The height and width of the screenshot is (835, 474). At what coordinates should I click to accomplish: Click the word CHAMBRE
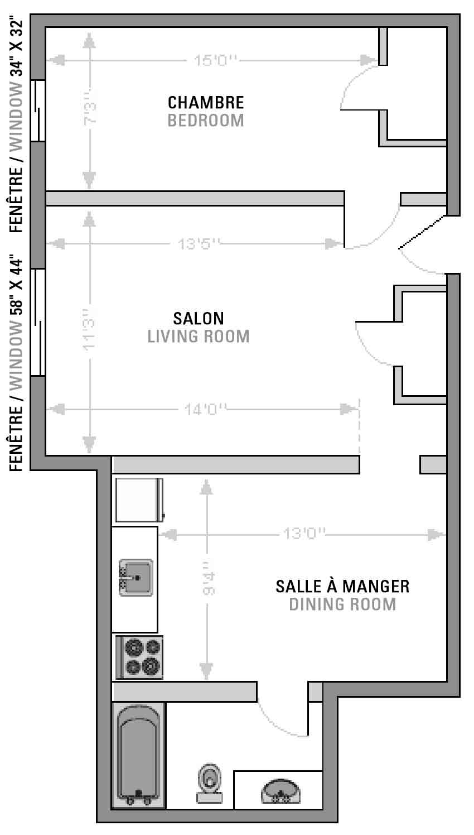206,103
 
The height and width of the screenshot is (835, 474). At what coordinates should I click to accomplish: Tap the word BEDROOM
206,121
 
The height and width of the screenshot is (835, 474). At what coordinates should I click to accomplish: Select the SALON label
199,318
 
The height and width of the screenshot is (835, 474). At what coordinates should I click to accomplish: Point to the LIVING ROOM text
199,336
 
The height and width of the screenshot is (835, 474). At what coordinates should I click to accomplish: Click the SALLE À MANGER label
342,586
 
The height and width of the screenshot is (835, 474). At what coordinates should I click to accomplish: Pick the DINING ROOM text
342,604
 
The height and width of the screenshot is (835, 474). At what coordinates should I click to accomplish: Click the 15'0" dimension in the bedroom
216,60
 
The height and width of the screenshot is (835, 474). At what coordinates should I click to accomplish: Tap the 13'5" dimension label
199,244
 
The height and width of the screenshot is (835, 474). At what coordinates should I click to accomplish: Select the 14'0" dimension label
206,410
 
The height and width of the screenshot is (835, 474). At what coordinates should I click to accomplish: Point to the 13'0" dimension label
304,534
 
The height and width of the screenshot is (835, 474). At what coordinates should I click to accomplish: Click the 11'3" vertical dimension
89,329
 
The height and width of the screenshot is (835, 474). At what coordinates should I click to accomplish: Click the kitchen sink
136,578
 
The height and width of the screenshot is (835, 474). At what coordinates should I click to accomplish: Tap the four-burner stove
139,658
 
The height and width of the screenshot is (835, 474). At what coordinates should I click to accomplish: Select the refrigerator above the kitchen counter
139,500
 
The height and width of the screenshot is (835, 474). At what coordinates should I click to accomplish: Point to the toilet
210,783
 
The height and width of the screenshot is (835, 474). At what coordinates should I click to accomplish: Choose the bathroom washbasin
280,792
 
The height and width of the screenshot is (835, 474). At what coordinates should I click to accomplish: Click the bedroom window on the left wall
38,111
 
